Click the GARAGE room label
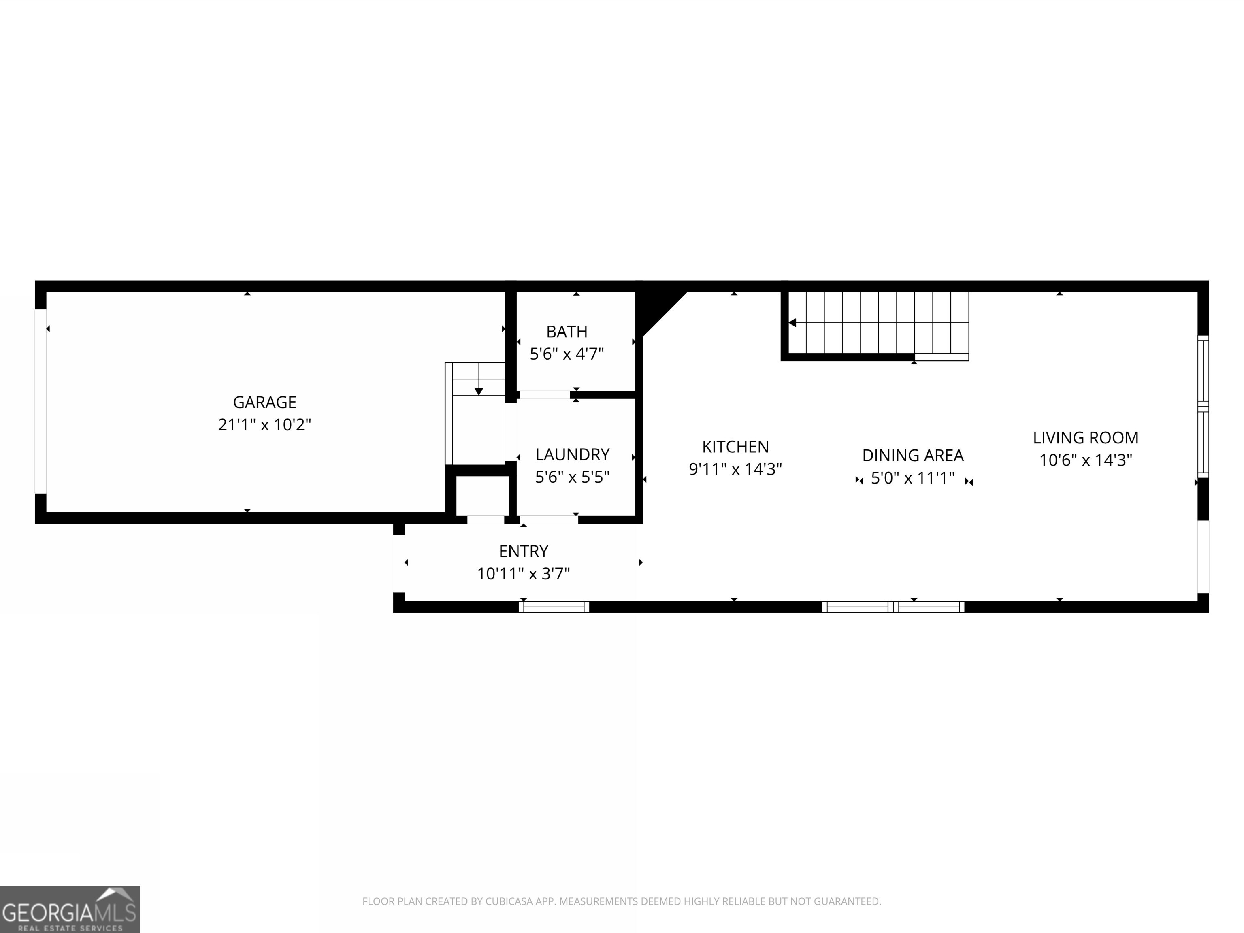(264, 402)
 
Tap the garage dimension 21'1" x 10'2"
(264, 425)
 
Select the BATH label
(567, 332)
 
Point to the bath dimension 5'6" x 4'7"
(567, 354)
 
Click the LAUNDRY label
(573, 454)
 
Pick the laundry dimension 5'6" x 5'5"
(573, 477)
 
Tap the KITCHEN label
(735, 447)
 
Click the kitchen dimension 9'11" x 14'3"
(735, 469)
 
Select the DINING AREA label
(913, 456)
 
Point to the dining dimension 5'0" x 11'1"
(913, 478)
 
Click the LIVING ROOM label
(1085, 437)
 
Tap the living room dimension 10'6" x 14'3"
(1085, 460)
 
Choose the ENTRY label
(524, 551)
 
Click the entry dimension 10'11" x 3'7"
(524, 574)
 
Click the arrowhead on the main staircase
(792, 323)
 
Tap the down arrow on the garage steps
(479, 392)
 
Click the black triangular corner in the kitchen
(655, 307)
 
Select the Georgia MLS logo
(70, 910)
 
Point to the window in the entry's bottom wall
(554, 607)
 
